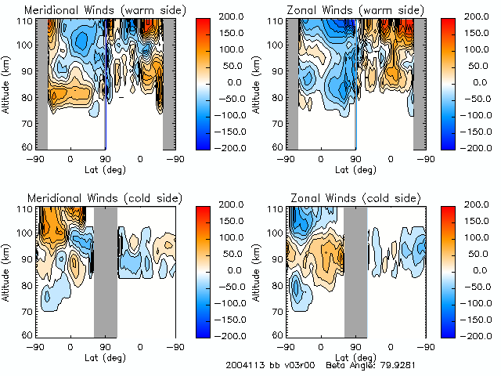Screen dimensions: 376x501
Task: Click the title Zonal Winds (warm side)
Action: (x=340, y=9)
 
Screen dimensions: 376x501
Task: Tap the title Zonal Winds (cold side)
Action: (x=339, y=197)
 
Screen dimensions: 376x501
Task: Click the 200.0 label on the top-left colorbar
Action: (x=232, y=16)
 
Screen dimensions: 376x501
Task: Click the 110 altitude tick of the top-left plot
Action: (x=27, y=21)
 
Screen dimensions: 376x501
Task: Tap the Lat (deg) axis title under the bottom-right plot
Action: (x=355, y=357)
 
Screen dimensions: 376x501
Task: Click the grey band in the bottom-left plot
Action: (x=105, y=270)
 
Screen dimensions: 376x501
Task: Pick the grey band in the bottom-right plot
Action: (x=355, y=270)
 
